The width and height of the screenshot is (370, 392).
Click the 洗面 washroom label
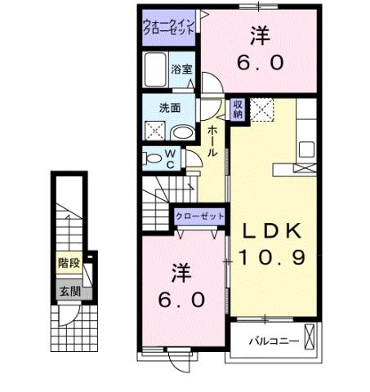click(x=169, y=108)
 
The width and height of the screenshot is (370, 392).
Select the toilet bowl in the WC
click(x=153, y=158)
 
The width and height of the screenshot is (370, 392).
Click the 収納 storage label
click(x=237, y=109)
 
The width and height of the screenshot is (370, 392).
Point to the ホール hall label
click(x=212, y=144)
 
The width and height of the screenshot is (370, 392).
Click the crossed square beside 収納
click(x=261, y=109)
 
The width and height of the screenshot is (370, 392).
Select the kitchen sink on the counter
click(x=308, y=149)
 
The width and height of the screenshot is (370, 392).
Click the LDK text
click(x=272, y=229)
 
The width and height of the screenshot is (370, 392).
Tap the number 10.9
click(x=272, y=257)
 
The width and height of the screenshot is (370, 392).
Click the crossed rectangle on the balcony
click(x=310, y=336)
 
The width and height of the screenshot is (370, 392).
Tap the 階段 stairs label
click(x=68, y=263)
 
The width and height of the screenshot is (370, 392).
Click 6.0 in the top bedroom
click(x=259, y=62)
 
